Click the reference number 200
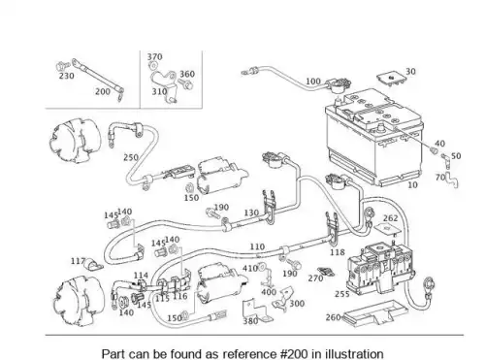(103, 91)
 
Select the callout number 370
(154, 56)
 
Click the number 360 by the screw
(187, 74)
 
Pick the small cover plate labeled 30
(391, 79)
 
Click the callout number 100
(313, 82)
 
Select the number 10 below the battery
(412, 185)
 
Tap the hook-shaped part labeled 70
(452, 180)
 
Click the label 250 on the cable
(131, 157)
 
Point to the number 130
(251, 213)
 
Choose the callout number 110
(257, 246)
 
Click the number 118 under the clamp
(338, 252)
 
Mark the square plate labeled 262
(387, 229)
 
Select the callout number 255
(342, 294)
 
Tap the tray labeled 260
(375, 313)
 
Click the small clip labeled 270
(326, 272)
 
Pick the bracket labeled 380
(255, 311)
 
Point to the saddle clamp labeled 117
(93, 265)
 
